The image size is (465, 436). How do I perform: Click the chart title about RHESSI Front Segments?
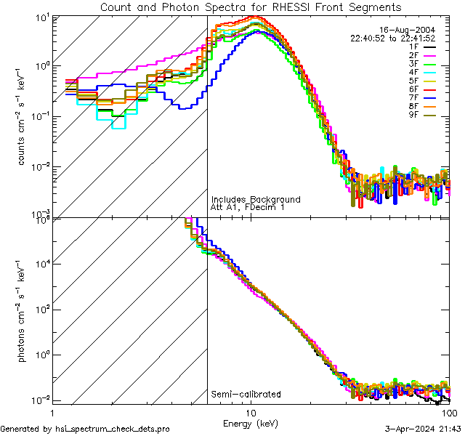coord(250,7)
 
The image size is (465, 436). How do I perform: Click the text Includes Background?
coord(256,200)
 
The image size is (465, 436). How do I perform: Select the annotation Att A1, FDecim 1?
coord(248,208)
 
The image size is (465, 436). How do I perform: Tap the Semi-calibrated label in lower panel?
coord(246,395)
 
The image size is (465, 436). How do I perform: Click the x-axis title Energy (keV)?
coord(250,423)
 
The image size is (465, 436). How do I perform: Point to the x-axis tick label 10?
coord(250,412)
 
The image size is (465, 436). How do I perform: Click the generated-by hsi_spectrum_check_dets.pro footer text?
coord(85,429)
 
